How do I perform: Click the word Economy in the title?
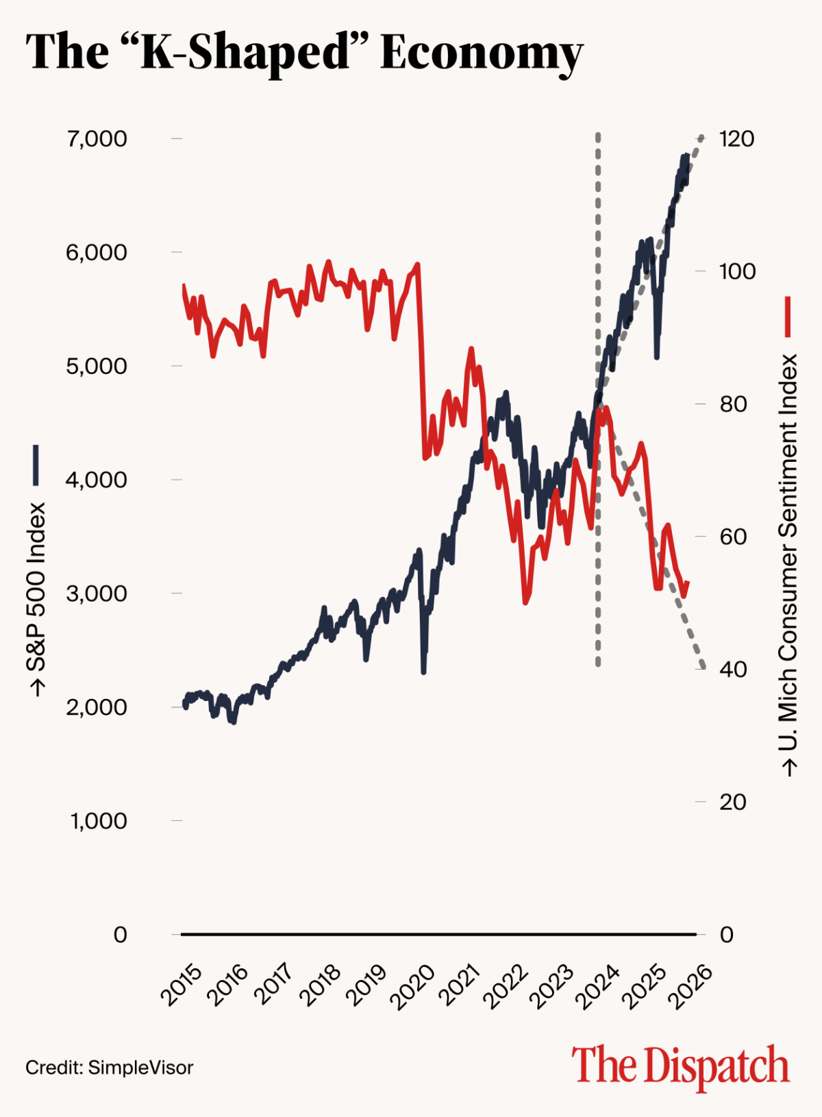(x=481, y=52)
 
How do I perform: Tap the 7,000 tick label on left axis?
(x=97, y=139)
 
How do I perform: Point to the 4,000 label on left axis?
(x=97, y=480)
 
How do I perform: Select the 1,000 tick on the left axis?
(x=99, y=820)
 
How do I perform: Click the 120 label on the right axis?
(x=736, y=139)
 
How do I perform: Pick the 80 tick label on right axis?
(x=733, y=404)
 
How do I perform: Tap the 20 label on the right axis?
(x=732, y=802)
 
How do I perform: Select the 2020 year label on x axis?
(x=412, y=987)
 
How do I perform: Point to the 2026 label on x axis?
(x=690, y=987)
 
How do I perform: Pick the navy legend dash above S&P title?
(x=36, y=465)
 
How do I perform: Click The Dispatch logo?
(x=680, y=1066)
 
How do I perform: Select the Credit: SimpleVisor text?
(x=110, y=1068)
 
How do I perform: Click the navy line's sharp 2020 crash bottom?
(x=423, y=672)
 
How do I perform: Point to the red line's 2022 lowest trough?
(x=525, y=602)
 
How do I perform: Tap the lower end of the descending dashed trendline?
(x=703, y=666)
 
